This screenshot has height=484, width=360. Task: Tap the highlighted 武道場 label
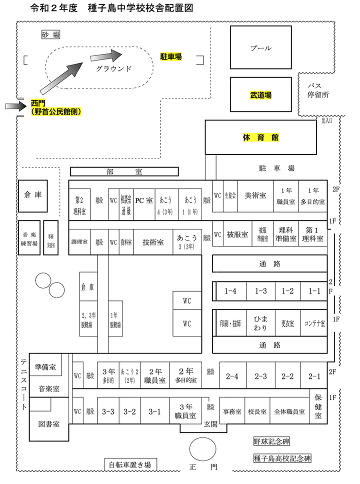point(260,94)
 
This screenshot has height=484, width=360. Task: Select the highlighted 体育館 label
point(260,137)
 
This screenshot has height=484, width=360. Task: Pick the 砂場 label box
point(50,34)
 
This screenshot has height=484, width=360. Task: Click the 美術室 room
point(255,195)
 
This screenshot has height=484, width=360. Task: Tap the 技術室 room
point(153,242)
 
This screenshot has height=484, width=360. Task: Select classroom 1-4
point(230,291)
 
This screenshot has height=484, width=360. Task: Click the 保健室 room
point(318,407)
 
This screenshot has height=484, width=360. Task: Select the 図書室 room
point(49,423)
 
